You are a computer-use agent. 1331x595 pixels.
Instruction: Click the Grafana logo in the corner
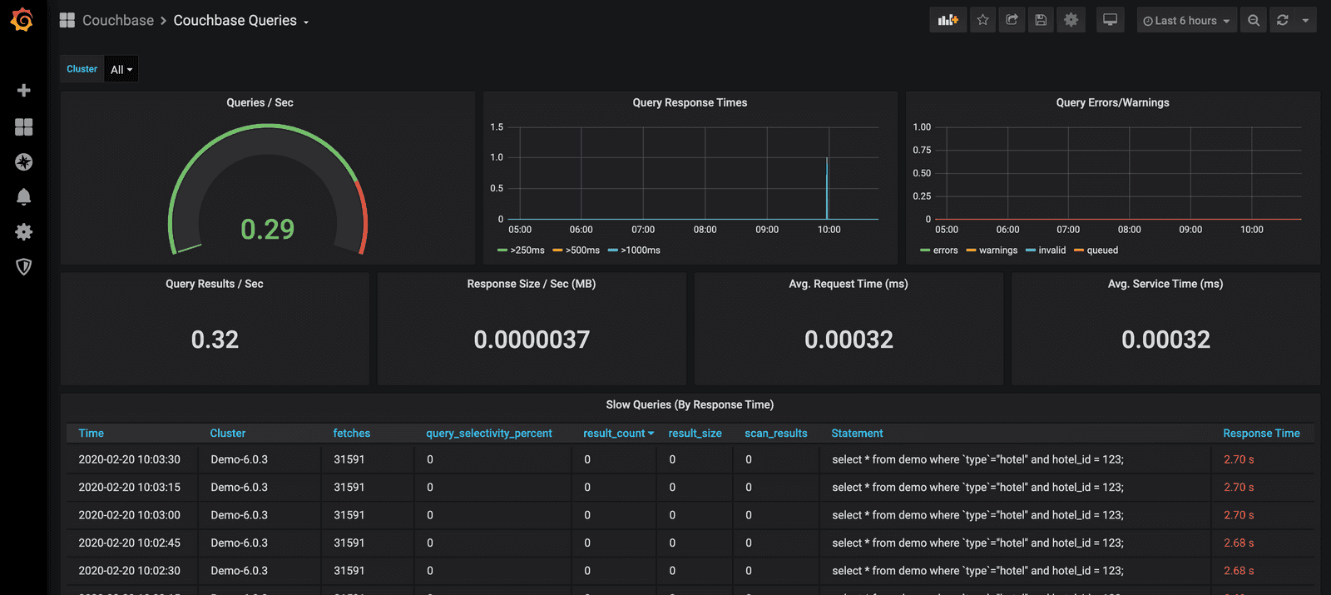pos(22,20)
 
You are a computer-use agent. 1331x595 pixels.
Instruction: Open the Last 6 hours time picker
pos(1186,21)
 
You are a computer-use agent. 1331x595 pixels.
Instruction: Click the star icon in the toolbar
pos(982,20)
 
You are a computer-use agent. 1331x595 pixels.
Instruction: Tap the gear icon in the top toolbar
pos(1071,20)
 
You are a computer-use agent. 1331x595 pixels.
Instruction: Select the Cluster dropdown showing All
pos(121,70)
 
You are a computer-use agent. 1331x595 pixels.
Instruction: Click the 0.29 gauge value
pos(267,229)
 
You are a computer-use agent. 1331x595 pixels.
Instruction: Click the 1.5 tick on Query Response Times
pos(497,127)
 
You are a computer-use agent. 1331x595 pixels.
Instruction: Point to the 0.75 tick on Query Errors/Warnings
pos(922,151)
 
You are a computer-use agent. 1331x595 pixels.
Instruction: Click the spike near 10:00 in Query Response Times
pos(827,187)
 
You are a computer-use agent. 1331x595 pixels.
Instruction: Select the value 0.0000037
pos(532,340)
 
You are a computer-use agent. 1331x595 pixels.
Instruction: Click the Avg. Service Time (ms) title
pos(1165,284)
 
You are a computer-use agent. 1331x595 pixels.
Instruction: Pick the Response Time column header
pos(1260,434)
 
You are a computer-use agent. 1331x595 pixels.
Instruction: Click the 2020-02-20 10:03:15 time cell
pos(129,488)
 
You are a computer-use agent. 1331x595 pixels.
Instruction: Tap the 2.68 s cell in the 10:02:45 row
pos(1239,543)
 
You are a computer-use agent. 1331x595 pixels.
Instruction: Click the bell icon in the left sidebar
pos(23,196)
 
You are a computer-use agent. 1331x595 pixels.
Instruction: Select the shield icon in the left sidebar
pos(23,266)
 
